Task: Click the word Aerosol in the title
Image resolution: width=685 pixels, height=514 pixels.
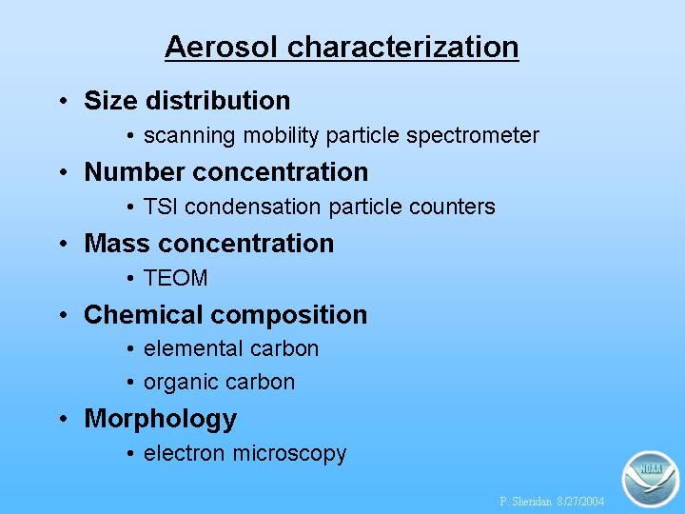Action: [x=221, y=47]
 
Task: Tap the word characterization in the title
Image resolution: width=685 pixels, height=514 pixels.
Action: [x=403, y=47]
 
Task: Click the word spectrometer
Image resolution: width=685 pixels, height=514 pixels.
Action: [x=473, y=136]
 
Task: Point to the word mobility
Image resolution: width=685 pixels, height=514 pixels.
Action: [x=281, y=136]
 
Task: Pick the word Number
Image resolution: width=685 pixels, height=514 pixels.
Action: [x=134, y=171]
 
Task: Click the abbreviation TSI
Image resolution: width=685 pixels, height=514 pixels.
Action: [x=161, y=207]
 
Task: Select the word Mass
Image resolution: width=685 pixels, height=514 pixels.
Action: [x=117, y=243]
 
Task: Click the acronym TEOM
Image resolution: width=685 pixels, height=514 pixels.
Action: [x=176, y=278]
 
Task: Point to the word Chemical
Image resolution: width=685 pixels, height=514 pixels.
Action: [x=144, y=314]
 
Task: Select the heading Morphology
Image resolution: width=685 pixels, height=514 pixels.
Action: [x=161, y=420]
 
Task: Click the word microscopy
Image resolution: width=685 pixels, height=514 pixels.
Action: [x=289, y=454]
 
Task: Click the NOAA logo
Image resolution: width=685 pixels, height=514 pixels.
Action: [x=651, y=479]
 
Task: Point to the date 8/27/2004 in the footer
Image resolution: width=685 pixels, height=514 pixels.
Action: [x=580, y=502]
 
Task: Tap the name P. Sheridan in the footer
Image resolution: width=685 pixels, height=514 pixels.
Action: [x=525, y=502]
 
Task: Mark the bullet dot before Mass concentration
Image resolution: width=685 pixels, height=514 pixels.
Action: [x=64, y=244]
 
